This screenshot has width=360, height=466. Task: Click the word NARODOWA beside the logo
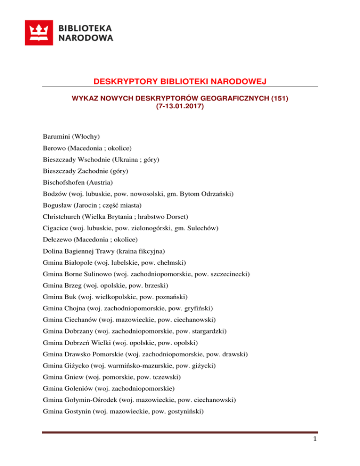pyautogui.click(x=86, y=38)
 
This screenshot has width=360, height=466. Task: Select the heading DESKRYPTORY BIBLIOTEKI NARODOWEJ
pyautogui.click(x=180, y=83)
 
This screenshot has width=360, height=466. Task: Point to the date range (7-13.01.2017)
pyautogui.click(x=180, y=107)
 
